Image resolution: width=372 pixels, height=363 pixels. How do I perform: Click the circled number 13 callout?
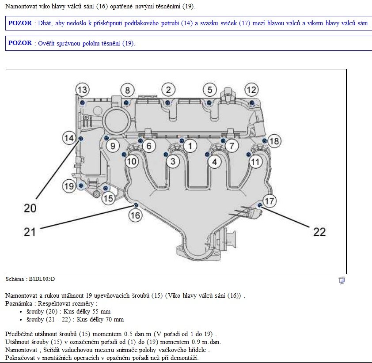pos(82,90)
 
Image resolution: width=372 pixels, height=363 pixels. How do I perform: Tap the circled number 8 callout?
pos(127,91)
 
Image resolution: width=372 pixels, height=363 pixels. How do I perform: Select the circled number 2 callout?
pos(168,90)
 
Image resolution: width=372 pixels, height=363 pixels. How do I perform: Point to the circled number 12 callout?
pos(251,90)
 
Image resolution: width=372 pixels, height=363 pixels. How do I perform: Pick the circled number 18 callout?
pos(274,141)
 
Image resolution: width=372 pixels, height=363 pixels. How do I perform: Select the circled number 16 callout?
pos(135,215)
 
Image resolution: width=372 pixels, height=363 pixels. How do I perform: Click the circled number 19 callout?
pos(69,186)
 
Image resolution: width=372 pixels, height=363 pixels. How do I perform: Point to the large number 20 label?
pos(30,208)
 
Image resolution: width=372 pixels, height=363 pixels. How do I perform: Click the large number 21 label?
pos(30,231)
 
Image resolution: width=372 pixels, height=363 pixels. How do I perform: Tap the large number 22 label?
pos(319,231)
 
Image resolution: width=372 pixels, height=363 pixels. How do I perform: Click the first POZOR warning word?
pos(20,23)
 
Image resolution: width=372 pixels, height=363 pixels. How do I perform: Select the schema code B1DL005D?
pos(42,279)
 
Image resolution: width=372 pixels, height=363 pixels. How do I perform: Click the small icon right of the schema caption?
pos(342,280)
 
